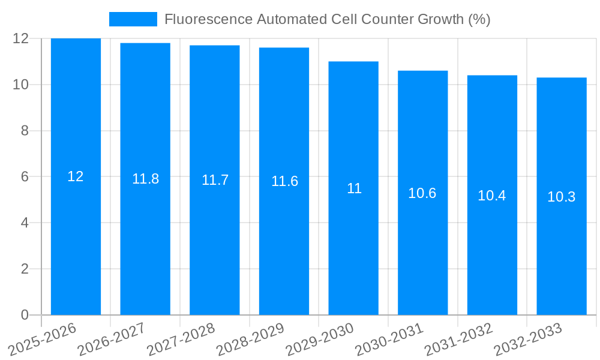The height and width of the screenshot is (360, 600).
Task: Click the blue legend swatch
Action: pos(133,19)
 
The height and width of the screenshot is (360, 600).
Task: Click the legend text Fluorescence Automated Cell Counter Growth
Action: pos(327,19)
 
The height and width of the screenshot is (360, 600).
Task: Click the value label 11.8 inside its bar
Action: pos(145,179)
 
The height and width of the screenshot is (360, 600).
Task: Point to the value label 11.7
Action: pos(215,180)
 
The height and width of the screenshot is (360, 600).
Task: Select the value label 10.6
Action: pos(422,193)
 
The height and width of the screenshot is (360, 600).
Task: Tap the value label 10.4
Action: pos(492,196)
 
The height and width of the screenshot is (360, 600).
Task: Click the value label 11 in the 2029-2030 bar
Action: pos(354,188)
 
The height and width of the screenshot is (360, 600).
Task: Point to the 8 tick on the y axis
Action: pos(25,131)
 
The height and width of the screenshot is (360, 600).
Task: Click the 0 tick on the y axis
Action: pos(25,315)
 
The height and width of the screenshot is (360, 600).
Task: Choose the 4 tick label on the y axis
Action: pos(25,223)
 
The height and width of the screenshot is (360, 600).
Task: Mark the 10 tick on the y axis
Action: pos(21,85)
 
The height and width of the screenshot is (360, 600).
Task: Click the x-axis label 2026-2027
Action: pos(112,338)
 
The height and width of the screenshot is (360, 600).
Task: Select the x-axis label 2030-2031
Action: pos(389,338)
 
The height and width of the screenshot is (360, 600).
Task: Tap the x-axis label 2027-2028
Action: pos(181,338)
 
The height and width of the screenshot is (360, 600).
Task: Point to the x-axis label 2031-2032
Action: pos(458,338)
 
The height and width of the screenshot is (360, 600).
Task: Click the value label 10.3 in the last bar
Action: pos(562,197)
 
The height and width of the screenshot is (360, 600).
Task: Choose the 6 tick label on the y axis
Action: pos(25,177)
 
